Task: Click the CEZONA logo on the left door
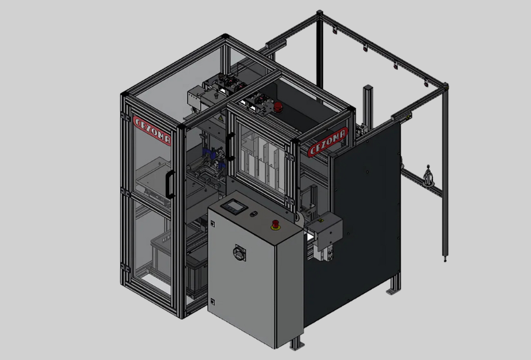pyautogui.click(x=152, y=130)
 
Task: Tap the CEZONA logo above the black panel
pyautogui.click(x=327, y=142)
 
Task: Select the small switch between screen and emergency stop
pyautogui.click(x=253, y=214)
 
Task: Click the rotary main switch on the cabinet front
pyautogui.click(x=239, y=253)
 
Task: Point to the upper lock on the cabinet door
pyautogui.click(x=212, y=224)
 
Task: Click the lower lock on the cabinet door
pyautogui.click(x=212, y=302)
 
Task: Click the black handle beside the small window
pyautogui.click(x=230, y=147)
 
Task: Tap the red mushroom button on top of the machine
pyautogui.click(x=278, y=107)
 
